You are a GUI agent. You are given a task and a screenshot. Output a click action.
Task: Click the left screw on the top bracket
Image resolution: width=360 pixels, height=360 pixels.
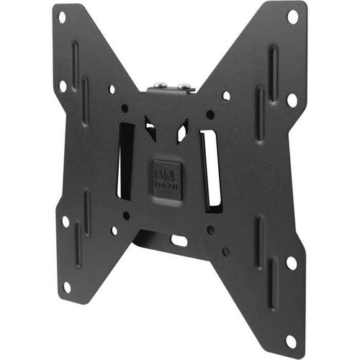click(158, 88)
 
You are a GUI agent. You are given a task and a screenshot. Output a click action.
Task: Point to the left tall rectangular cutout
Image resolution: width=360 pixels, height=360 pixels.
click(125, 161)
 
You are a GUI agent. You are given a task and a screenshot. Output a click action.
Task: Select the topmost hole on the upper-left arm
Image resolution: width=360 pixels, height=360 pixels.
click(61, 16)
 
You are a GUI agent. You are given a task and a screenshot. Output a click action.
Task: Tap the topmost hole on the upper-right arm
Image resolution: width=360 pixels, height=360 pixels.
click(292, 15)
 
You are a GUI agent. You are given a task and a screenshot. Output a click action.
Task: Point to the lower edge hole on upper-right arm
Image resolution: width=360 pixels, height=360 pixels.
click(292, 99)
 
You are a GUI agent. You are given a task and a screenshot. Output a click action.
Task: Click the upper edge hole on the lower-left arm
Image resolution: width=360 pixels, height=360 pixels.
click(65, 222)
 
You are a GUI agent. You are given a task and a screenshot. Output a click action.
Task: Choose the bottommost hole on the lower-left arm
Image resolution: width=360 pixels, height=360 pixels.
click(67, 287)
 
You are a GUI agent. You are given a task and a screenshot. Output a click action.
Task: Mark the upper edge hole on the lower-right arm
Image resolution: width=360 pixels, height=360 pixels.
click(292, 263)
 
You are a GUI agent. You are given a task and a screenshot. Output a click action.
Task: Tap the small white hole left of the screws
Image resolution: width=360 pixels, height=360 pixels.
click(112, 89)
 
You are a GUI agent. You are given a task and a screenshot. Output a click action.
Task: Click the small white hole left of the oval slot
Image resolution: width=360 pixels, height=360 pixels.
click(114, 230)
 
